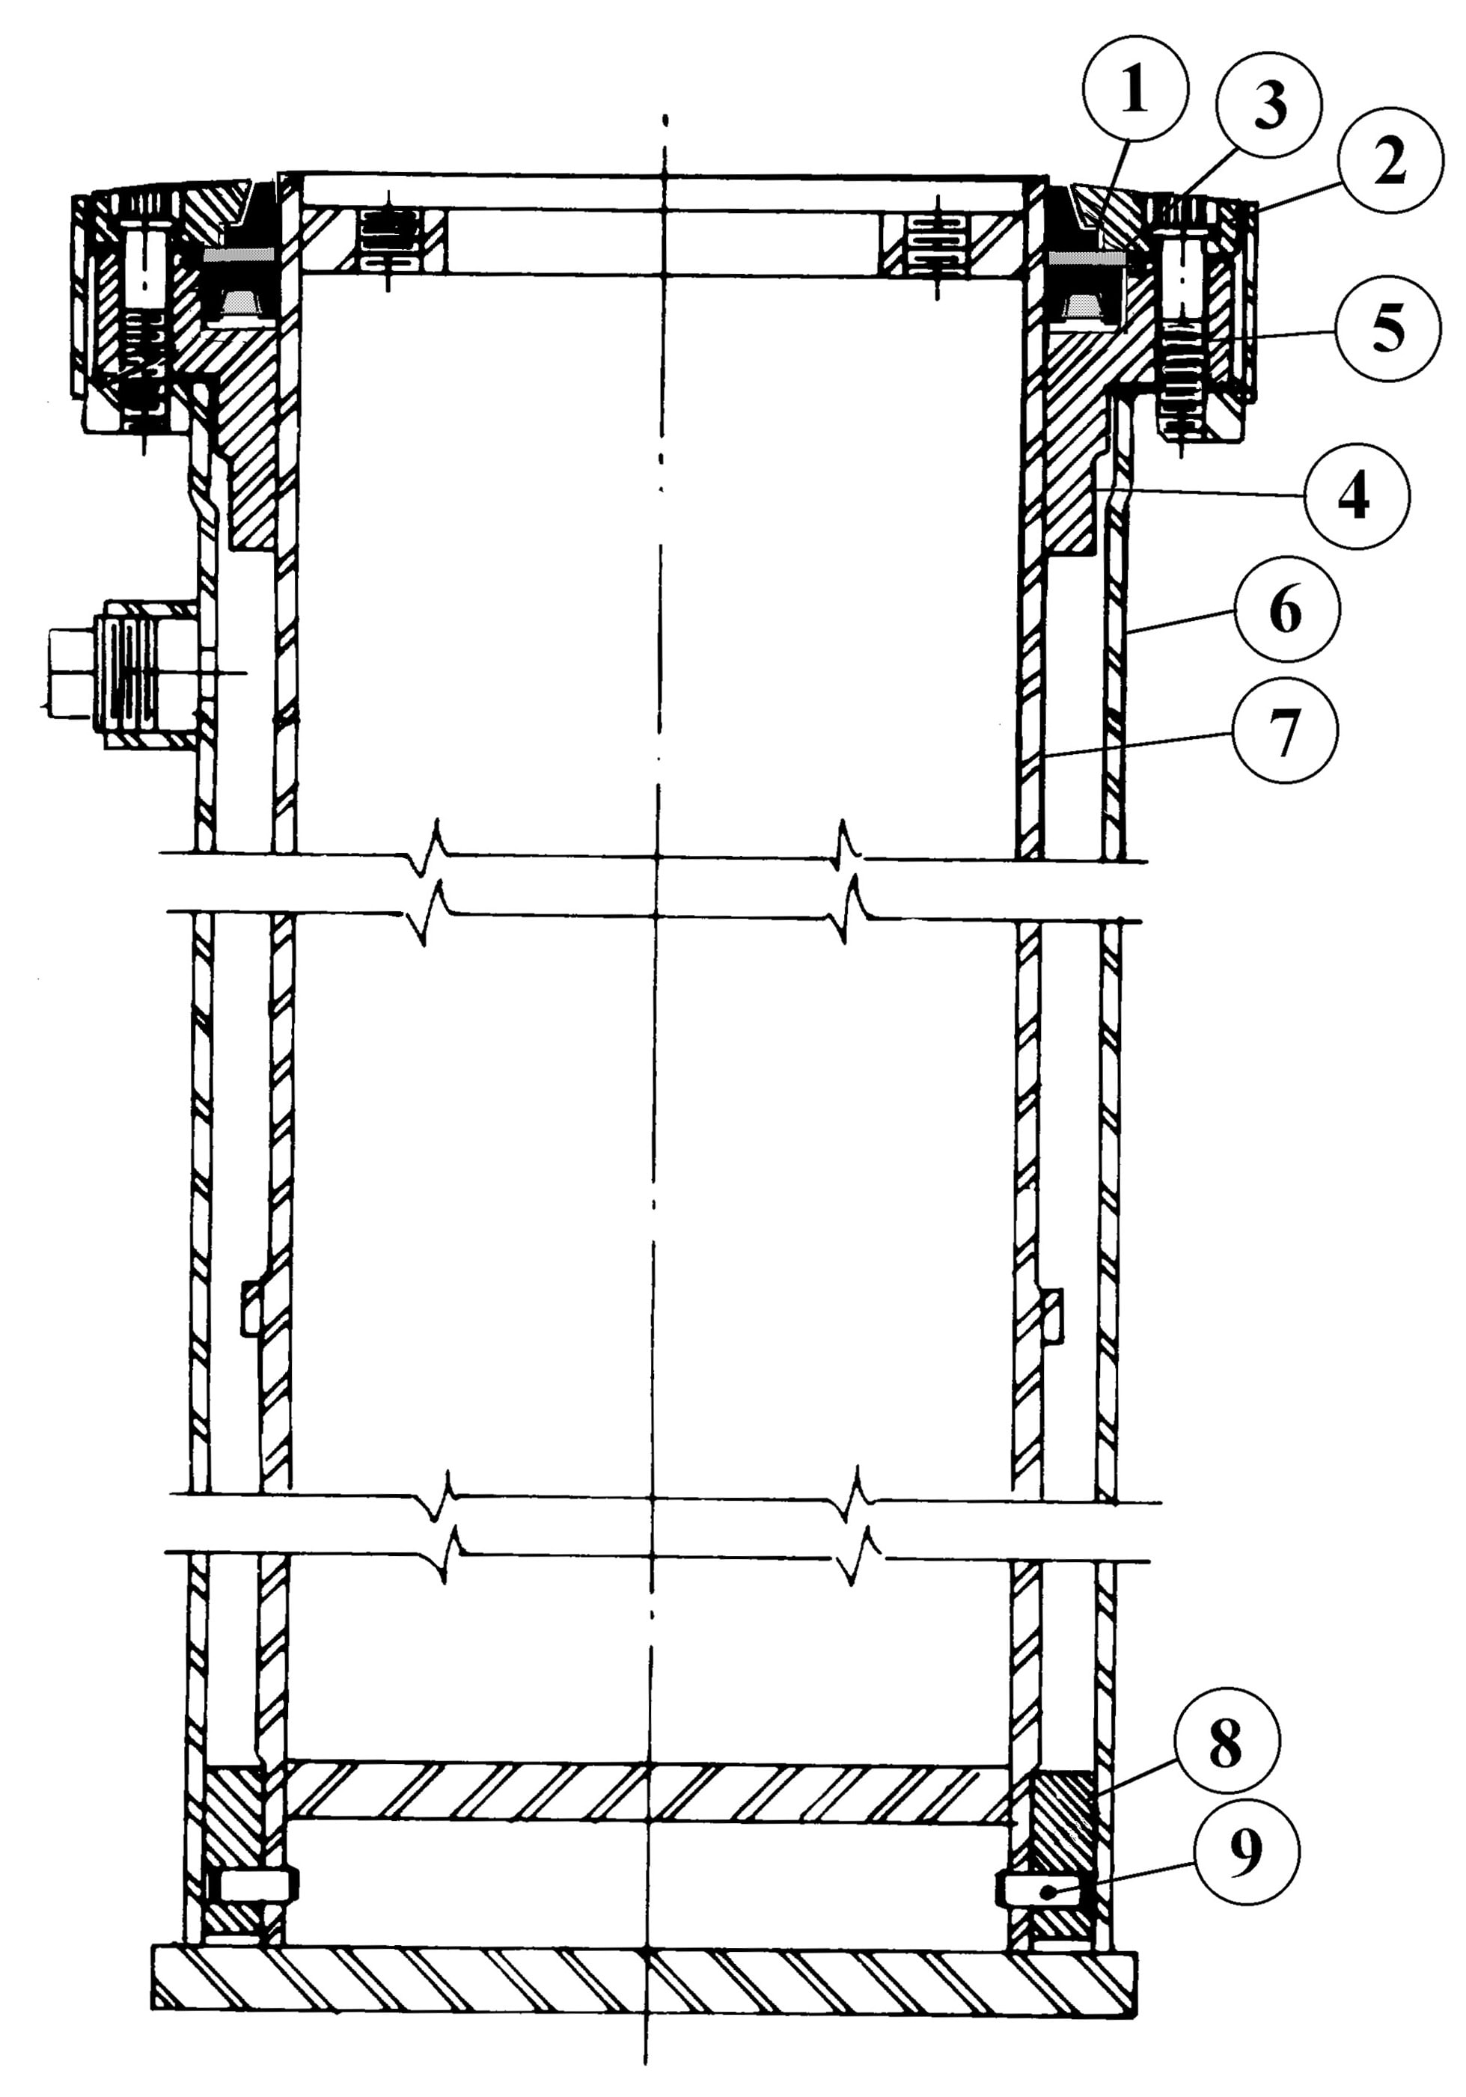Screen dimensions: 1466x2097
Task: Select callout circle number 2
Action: pos(1390,162)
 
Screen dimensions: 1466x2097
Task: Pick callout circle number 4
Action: pos(1357,496)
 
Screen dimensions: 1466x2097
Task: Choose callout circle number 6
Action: pos(1286,609)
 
